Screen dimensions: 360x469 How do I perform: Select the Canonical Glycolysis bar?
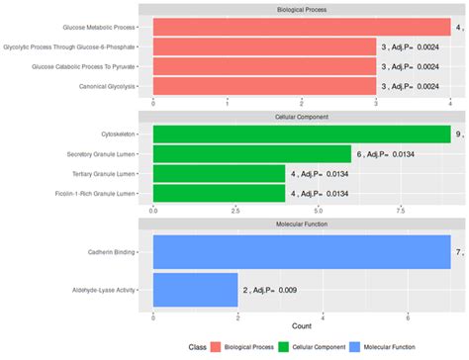(264, 86)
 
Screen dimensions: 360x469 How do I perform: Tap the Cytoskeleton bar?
(302, 134)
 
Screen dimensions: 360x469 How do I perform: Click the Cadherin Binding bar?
(302, 253)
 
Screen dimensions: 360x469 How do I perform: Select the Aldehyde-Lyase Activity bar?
(195, 291)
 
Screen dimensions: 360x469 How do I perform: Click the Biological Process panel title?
(302, 9)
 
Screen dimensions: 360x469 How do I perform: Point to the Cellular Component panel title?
(302, 117)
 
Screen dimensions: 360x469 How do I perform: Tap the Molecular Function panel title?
(302, 225)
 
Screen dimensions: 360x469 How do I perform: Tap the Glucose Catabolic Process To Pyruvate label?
(83, 66)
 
